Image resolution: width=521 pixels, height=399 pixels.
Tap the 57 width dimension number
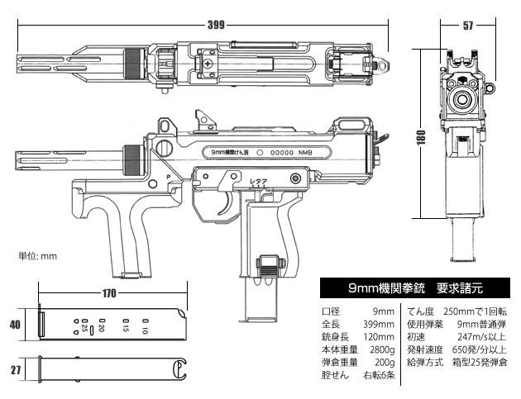pyautogui.click(x=467, y=26)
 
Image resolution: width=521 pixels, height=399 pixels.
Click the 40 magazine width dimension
pyautogui.click(x=14, y=325)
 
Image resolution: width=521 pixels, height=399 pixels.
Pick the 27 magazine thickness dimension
pyautogui.click(x=14, y=370)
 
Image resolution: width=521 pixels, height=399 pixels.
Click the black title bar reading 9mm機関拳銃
pyautogui.click(x=413, y=289)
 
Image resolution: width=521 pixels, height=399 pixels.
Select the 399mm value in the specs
pyautogui.click(x=380, y=324)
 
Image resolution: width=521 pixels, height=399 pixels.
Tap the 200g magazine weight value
pyautogui.click(x=384, y=361)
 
